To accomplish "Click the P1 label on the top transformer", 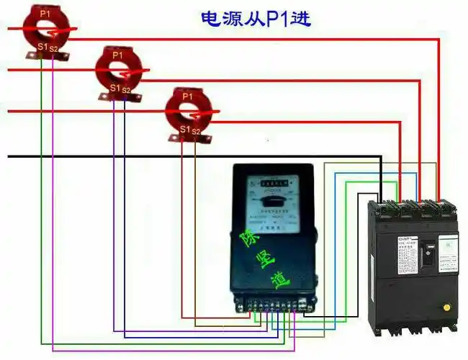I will click(x=45, y=13).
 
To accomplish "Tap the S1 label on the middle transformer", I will click(x=114, y=88).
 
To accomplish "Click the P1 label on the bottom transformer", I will click(x=187, y=96).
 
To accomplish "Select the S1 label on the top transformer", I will click(x=42, y=47).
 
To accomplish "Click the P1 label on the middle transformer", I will click(x=117, y=55).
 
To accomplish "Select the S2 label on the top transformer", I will click(x=54, y=48).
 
